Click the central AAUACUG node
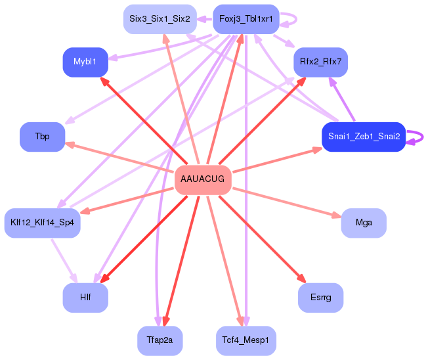pos(203,179)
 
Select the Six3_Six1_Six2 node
pos(160,19)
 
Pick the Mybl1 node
pos(85,62)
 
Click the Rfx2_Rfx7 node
pos(320,62)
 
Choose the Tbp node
pos(42,137)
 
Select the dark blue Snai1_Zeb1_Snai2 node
pos(363,137)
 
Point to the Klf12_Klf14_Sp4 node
pos(42,223)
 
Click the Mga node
pos(364,223)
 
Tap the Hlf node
pos(85,298)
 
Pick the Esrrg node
pos(320,298)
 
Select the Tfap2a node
pos(160,340)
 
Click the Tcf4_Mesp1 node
pos(246,340)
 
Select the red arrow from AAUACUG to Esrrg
pos(263,239)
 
